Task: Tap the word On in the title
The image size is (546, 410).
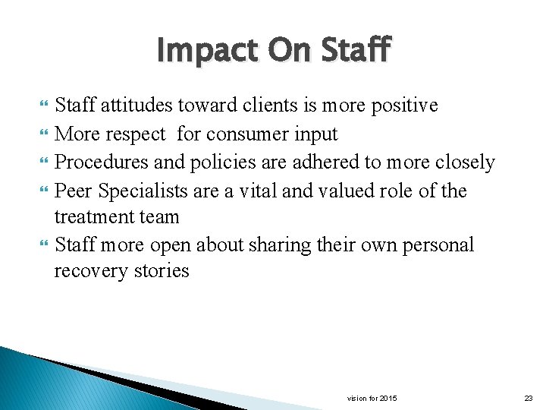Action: (282, 51)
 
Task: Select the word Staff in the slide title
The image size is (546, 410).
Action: (355, 51)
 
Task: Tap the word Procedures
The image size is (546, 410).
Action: (103, 162)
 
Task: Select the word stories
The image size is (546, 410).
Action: (162, 271)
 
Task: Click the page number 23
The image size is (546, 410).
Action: (528, 398)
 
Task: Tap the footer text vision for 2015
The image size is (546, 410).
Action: (372, 398)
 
